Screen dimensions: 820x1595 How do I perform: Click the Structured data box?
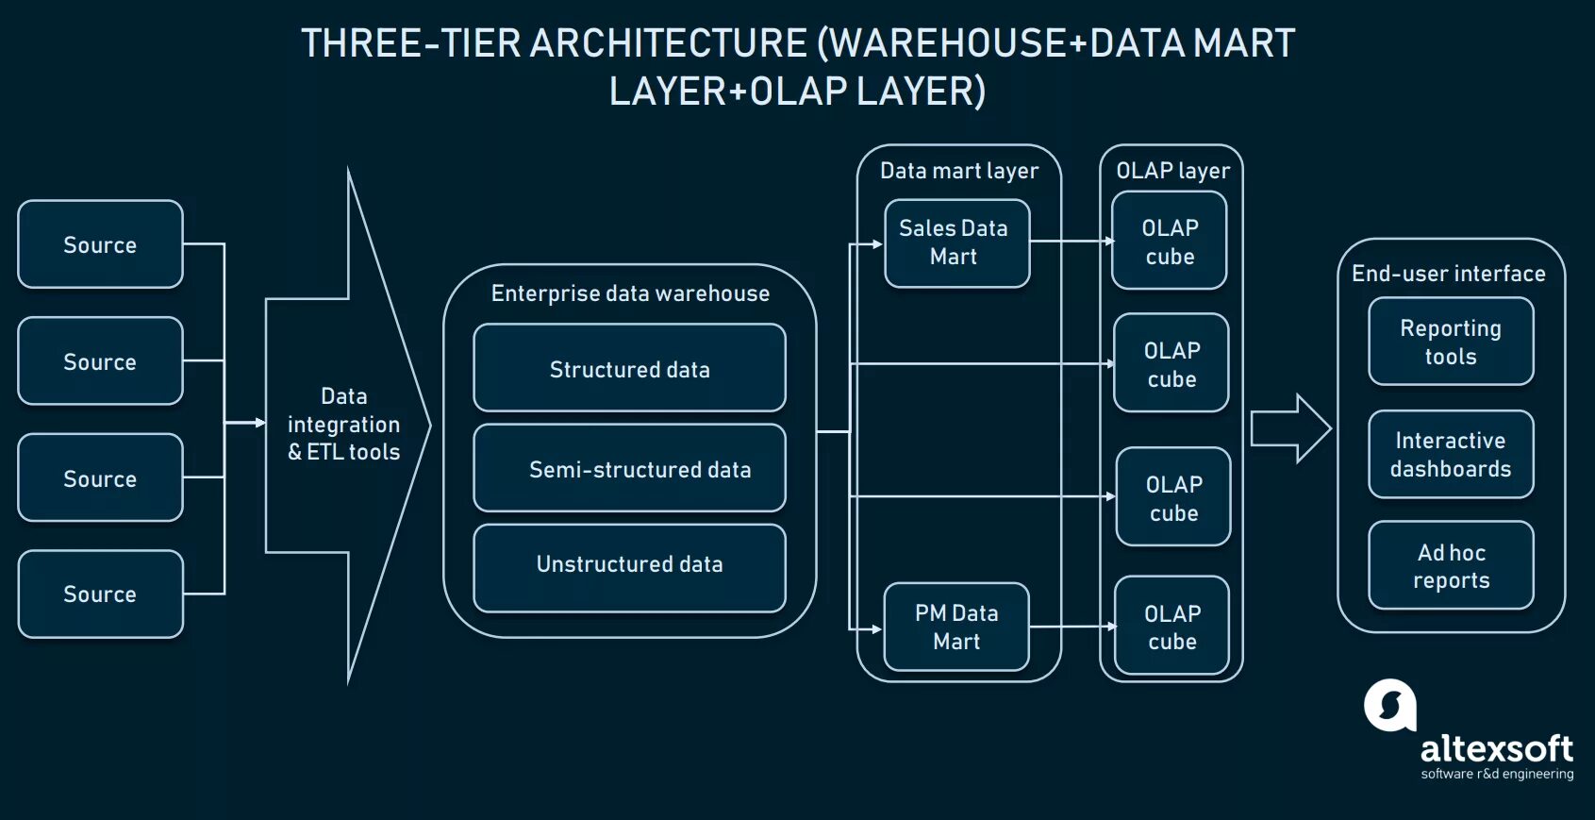(629, 368)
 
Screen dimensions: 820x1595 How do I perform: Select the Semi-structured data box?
(629, 468)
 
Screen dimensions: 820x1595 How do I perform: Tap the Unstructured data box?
(629, 567)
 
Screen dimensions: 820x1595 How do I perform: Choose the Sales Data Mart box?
(956, 243)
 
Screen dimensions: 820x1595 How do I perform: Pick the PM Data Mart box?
(956, 627)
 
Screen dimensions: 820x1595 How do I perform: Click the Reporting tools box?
(1451, 342)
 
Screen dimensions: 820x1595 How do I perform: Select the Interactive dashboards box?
(1451, 454)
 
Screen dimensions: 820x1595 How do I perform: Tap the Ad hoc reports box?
(1451, 565)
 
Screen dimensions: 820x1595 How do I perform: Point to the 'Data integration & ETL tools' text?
(344, 424)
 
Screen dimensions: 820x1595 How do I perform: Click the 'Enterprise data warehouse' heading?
(630, 293)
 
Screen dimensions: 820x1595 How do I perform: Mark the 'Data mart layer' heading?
(959, 171)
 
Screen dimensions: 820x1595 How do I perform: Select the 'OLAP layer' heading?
(1172, 171)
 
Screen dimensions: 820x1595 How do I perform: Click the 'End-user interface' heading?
(1449, 274)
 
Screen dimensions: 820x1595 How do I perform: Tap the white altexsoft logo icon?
(1390, 705)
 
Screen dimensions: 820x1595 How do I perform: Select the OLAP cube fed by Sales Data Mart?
(1170, 242)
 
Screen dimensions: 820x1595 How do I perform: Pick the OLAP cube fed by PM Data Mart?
(1171, 627)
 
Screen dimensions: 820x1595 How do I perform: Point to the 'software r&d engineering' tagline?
(1497, 774)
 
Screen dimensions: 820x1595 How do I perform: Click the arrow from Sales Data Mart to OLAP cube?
(1071, 242)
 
